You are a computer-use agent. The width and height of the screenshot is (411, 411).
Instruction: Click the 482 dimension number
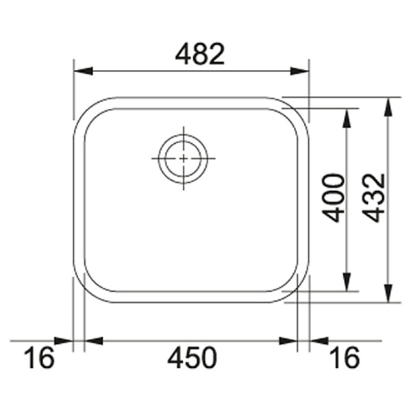pos(200,54)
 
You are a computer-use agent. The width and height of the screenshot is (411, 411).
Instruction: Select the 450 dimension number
pos(192,358)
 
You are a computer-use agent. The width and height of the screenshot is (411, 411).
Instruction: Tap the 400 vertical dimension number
pos(334,198)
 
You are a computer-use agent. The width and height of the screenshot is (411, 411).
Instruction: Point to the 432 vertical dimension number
pos(374,198)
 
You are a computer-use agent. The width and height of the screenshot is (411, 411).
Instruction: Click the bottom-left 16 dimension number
pos(39,358)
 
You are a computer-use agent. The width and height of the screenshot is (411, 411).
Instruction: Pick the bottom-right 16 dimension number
pos(345,358)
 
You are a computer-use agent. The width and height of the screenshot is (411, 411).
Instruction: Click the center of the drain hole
pos(183,158)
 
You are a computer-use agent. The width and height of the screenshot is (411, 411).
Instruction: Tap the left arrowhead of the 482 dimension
pos(84,71)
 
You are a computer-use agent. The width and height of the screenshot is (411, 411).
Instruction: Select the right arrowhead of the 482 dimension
pos(299,71)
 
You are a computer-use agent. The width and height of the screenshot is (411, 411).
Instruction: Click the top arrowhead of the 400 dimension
pos(347,118)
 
